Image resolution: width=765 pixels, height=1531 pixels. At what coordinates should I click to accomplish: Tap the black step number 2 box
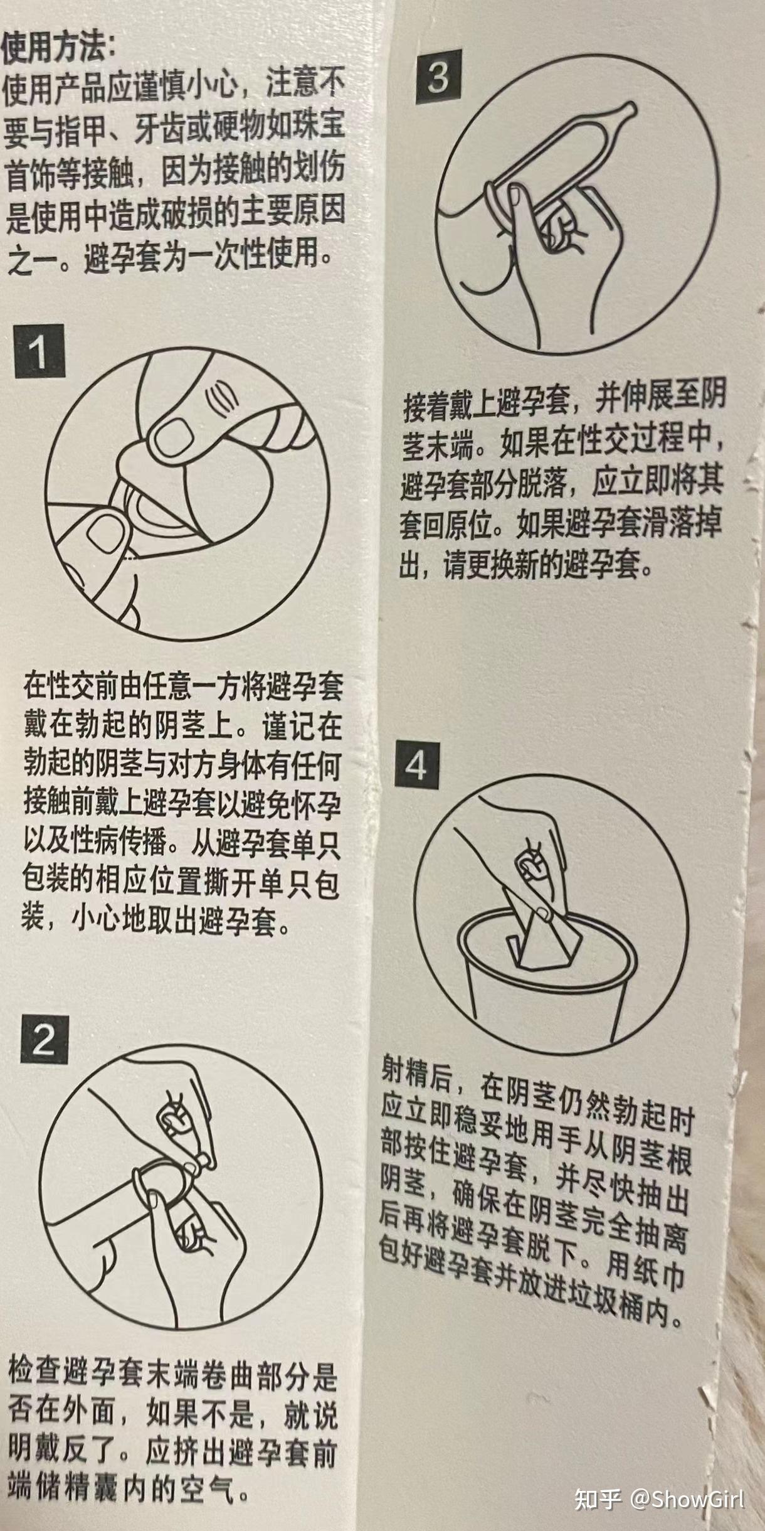[x=44, y=1041]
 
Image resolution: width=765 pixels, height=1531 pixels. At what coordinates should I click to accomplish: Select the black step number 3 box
[x=438, y=77]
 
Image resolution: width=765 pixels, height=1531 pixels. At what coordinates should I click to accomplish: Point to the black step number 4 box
[x=416, y=765]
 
